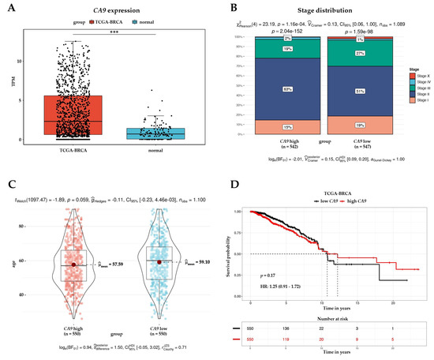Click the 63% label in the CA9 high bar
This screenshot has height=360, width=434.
(266, 89)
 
